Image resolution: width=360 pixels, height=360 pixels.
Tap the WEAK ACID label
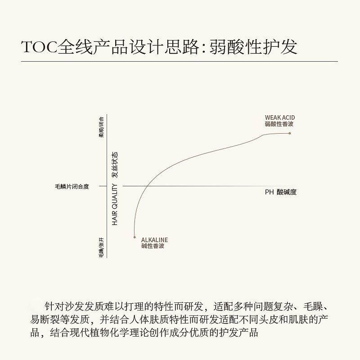click(x=279, y=118)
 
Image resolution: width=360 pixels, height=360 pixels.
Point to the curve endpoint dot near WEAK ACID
click(x=289, y=133)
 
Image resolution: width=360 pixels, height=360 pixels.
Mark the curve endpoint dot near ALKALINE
click(x=135, y=237)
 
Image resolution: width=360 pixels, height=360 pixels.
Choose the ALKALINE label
click(x=154, y=240)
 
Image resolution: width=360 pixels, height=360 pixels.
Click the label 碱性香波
click(x=153, y=246)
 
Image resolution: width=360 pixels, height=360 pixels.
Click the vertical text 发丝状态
click(x=115, y=164)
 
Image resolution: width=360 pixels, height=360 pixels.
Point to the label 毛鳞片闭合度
click(x=72, y=186)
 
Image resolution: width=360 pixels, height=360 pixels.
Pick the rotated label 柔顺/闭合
click(x=101, y=127)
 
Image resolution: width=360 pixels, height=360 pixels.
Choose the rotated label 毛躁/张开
click(x=101, y=247)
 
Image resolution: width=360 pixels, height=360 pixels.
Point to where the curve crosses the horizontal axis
click(x=148, y=186)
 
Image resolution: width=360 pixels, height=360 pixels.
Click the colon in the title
click(x=204, y=48)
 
